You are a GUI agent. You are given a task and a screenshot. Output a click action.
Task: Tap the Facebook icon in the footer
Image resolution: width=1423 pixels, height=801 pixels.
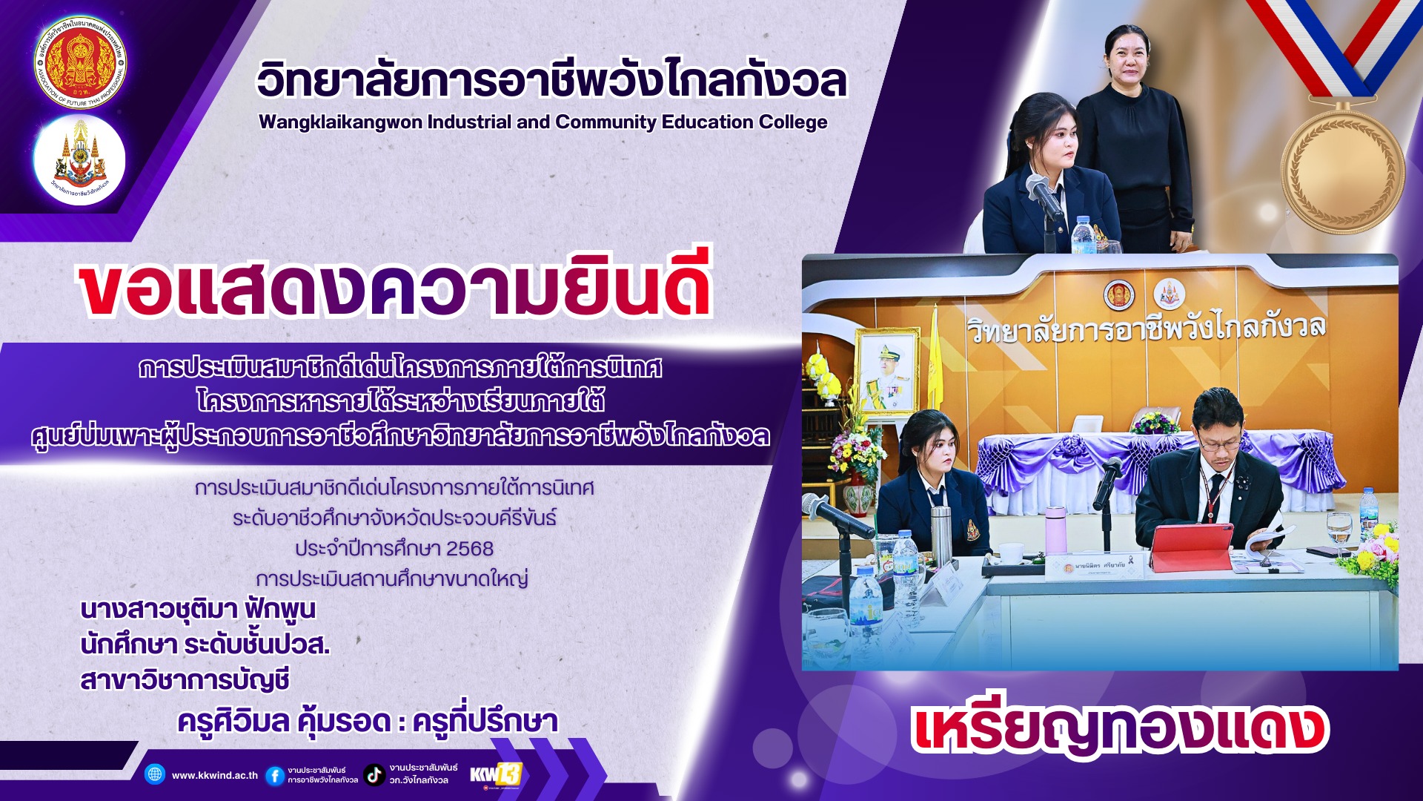[274, 776]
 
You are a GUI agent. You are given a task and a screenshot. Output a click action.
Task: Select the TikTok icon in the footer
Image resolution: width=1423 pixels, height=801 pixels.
[374, 775]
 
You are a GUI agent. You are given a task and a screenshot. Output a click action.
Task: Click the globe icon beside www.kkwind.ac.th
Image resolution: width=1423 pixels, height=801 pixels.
[155, 774]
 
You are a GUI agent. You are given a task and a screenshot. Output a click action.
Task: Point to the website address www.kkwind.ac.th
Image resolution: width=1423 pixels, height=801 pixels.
[215, 776]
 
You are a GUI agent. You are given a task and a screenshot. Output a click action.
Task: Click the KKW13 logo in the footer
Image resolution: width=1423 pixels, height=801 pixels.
[496, 774]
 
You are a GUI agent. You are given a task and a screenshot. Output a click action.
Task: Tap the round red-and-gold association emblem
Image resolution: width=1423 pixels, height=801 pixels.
[80, 63]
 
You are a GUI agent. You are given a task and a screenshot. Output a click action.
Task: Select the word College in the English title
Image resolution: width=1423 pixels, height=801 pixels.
[794, 122]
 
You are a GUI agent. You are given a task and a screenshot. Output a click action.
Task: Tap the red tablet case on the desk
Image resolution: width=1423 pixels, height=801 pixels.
[1190, 548]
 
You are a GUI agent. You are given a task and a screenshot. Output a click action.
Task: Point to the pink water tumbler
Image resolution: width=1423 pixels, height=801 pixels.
[1055, 530]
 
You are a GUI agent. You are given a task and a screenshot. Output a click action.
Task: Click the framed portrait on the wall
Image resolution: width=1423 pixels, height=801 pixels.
[886, 370]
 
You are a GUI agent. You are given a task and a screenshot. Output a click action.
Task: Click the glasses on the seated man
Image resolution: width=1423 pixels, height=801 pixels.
[1218, 444]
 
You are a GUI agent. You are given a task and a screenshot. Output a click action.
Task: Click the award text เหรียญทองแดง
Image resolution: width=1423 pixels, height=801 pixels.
[1120, 730]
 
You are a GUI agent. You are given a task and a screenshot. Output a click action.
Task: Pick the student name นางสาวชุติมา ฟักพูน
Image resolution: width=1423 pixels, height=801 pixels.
[198, 610]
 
